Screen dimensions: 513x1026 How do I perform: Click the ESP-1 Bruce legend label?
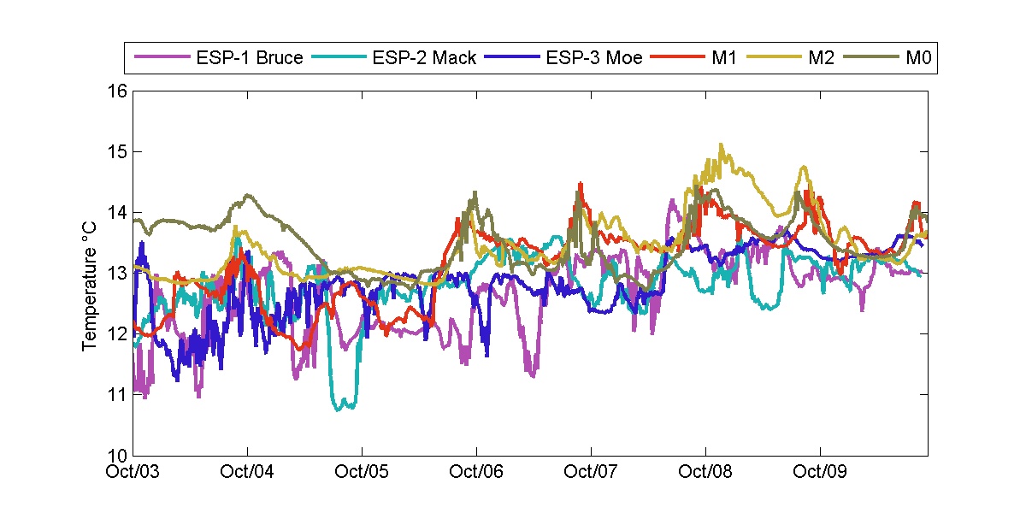(x=249, y=59)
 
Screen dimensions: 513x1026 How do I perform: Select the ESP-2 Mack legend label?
(x=424, y=59)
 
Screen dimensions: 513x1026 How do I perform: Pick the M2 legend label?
(x=817, y=59)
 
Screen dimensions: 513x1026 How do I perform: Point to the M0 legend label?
(x=917, y=59)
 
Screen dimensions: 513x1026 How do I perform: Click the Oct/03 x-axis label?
(x=134, y=471)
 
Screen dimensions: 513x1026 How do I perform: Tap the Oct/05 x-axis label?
(x=362, y=471)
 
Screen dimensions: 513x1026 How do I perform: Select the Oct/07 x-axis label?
(x=591, y=471)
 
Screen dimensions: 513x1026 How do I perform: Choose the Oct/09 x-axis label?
(x=820, y=471)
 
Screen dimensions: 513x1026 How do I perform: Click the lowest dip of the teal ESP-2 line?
(x=339, y=410)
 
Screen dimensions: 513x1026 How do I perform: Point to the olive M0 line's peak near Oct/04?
(x=248, y=196)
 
